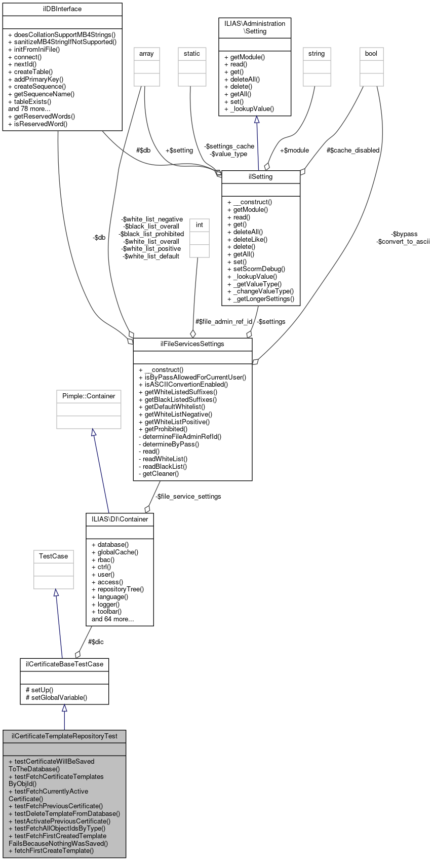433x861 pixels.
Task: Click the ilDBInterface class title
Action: click(x=62, y=9)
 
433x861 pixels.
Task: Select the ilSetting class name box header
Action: click(x=261, y=177)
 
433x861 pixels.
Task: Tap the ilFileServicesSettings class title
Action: click(x=192, y=344)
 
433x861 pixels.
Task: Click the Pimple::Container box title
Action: click(x=89, y=396)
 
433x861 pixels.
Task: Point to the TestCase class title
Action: click(x=54, y=556)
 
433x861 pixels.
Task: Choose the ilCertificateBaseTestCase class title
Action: click(x=64, y=664)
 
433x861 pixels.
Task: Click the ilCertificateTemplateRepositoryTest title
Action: click(x=64, y=736)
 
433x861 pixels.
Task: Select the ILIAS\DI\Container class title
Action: click(x=120, y=519)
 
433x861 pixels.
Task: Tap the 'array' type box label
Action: click(x=147, y=54)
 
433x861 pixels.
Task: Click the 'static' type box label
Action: click(x=192, y=54)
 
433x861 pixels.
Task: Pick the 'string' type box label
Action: click(x=317, y=54)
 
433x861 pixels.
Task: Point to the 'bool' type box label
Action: click(x=371, y=54)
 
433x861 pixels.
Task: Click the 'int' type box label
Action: click(x=200, y=225)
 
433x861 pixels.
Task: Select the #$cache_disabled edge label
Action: click(x=353, y=151)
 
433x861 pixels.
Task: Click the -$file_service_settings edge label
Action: click(x=188, y=497)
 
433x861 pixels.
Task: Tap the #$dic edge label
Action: click(x=96, y=642)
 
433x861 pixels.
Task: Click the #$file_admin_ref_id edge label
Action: click(x=224, y=322)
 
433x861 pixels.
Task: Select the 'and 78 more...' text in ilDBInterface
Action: click(x=29, y=109)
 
